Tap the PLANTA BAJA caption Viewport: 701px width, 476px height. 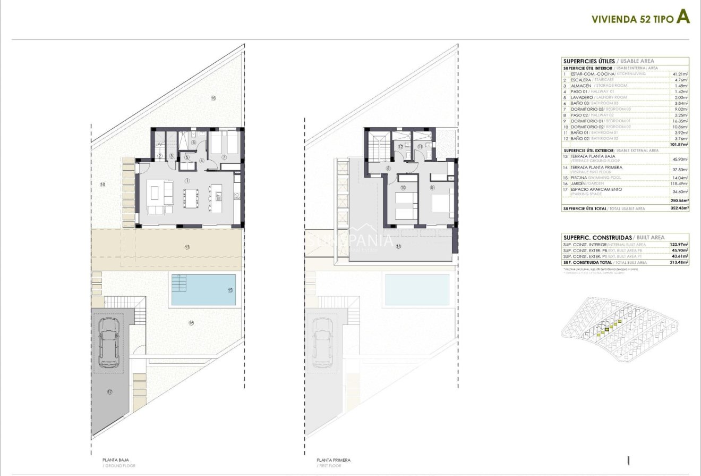116,460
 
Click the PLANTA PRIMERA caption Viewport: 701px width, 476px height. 334,460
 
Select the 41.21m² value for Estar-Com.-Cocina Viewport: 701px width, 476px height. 680,74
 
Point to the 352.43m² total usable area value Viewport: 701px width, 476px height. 679,208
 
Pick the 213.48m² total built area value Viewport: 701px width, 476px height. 679,262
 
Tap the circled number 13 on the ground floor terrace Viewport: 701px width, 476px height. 187,247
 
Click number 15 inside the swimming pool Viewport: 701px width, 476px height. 230,290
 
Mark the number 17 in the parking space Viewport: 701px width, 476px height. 109,393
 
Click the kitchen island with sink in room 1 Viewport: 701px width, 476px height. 218,197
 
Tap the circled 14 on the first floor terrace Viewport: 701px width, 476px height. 398,246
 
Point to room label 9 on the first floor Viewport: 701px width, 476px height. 433,187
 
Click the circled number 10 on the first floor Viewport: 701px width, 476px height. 403,187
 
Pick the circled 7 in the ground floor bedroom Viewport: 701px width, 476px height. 224,157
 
